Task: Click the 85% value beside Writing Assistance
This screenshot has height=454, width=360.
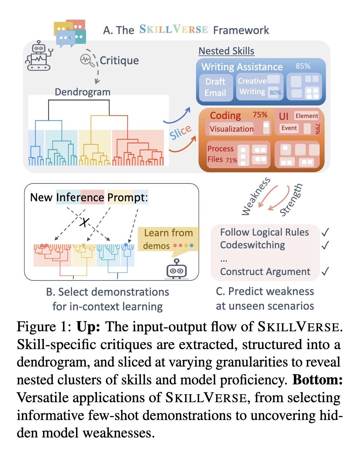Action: pos(303,66)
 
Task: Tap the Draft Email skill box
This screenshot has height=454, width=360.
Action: pos(216,87)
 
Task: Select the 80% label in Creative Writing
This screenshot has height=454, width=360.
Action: pos(275,93)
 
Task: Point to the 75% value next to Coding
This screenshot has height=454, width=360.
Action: pos(260,115)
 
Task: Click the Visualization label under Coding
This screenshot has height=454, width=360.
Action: pos(232,129)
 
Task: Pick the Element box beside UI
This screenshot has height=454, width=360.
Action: pos(307,116)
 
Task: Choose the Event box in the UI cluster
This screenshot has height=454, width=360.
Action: pos(289,128)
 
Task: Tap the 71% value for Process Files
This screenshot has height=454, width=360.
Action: pos(232,160)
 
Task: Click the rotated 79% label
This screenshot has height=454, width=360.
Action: pos(318,129)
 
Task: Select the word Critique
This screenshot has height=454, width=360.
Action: pos(119,60)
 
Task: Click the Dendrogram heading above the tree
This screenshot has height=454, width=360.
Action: pos(82,92)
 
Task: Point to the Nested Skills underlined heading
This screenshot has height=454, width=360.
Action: pos(226,51)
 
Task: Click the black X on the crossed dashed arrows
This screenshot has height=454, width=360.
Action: pos(84,222)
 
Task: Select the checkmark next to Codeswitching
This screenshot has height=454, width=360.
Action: pos(325,245)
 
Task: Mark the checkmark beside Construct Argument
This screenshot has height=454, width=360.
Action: pos(325,271)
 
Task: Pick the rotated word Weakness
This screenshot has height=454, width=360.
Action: pos(256,196)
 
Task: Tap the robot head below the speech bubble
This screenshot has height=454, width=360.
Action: pos(177,269)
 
